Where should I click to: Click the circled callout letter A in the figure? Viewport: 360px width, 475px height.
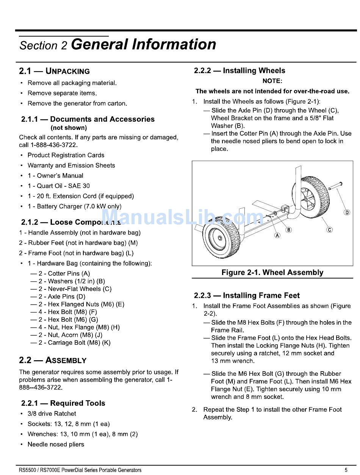click(x=277, y=235)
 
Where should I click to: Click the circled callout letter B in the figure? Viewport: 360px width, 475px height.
click(x=289, y=230)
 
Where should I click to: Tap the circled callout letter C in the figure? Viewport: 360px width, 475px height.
click(x=330, y=230)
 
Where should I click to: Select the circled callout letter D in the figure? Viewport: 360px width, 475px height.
click(x=347, y=212)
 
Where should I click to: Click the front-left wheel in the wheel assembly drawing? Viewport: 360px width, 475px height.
click(x=221, y=238)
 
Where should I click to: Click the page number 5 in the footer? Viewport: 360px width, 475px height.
click(x=346, y=470)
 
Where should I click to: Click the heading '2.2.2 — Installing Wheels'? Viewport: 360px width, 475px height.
click(x=239, y=70)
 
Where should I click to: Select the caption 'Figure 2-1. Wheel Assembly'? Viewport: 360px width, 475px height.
click(x=272, y=272)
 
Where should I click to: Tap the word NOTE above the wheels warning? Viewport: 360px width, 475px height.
click(x=272, y=81)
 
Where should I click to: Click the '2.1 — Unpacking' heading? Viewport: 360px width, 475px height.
click(x=55, y=71)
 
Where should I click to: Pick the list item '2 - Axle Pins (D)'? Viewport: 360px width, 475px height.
click(x=62, y=297)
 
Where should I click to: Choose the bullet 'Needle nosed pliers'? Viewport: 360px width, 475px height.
click(x=56, y=444)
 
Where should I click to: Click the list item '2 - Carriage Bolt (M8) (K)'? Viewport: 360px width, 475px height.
click(x=74, y=343)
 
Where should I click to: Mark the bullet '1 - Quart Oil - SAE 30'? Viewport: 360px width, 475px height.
click(x=58, y=186)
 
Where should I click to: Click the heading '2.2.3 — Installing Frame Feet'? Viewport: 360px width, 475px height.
click(x=247, y=295)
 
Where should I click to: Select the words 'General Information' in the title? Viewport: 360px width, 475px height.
click(x=143, y=44)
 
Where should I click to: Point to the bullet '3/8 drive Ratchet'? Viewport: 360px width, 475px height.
click(x=52, y=414)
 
